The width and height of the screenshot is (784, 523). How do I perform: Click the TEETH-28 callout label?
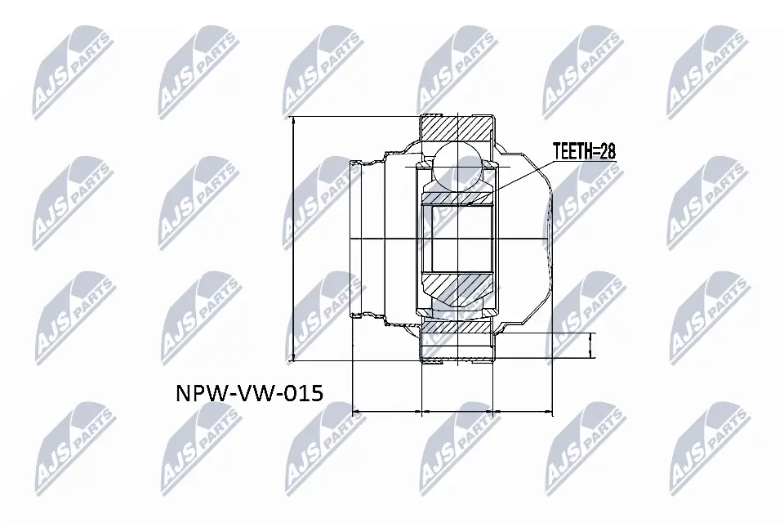(583, 151)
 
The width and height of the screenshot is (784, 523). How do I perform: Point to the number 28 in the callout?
(605, 151)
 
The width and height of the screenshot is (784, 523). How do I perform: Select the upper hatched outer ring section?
(457, 128)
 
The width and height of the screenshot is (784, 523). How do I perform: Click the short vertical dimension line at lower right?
(592, 346)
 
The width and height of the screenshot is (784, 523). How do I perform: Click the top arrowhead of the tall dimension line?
(292, 121)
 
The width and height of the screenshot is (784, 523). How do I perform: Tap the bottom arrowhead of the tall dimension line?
(292, 357)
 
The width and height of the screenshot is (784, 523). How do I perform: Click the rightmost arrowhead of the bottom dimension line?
(550, 411)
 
